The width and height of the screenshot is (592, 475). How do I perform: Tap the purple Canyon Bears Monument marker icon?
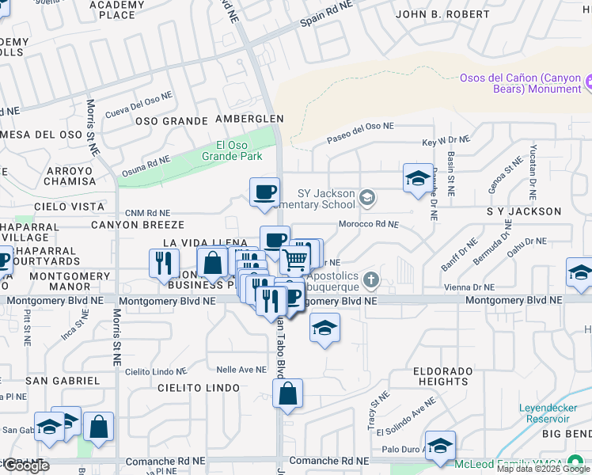click(x=590, y=82)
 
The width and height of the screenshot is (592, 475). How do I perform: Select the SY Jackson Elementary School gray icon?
click(x=366, y=197)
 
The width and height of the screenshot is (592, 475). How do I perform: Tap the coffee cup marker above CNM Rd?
click(x=264, y=191)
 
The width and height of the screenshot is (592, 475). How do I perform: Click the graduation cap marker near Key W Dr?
click(x=418, y=178)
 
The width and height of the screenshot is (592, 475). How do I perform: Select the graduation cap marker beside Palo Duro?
click(x=440, y=445)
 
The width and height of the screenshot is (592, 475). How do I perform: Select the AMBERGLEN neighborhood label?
click(x=249, y=119)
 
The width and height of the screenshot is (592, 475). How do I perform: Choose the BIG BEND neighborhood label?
click(x=566, y=435)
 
